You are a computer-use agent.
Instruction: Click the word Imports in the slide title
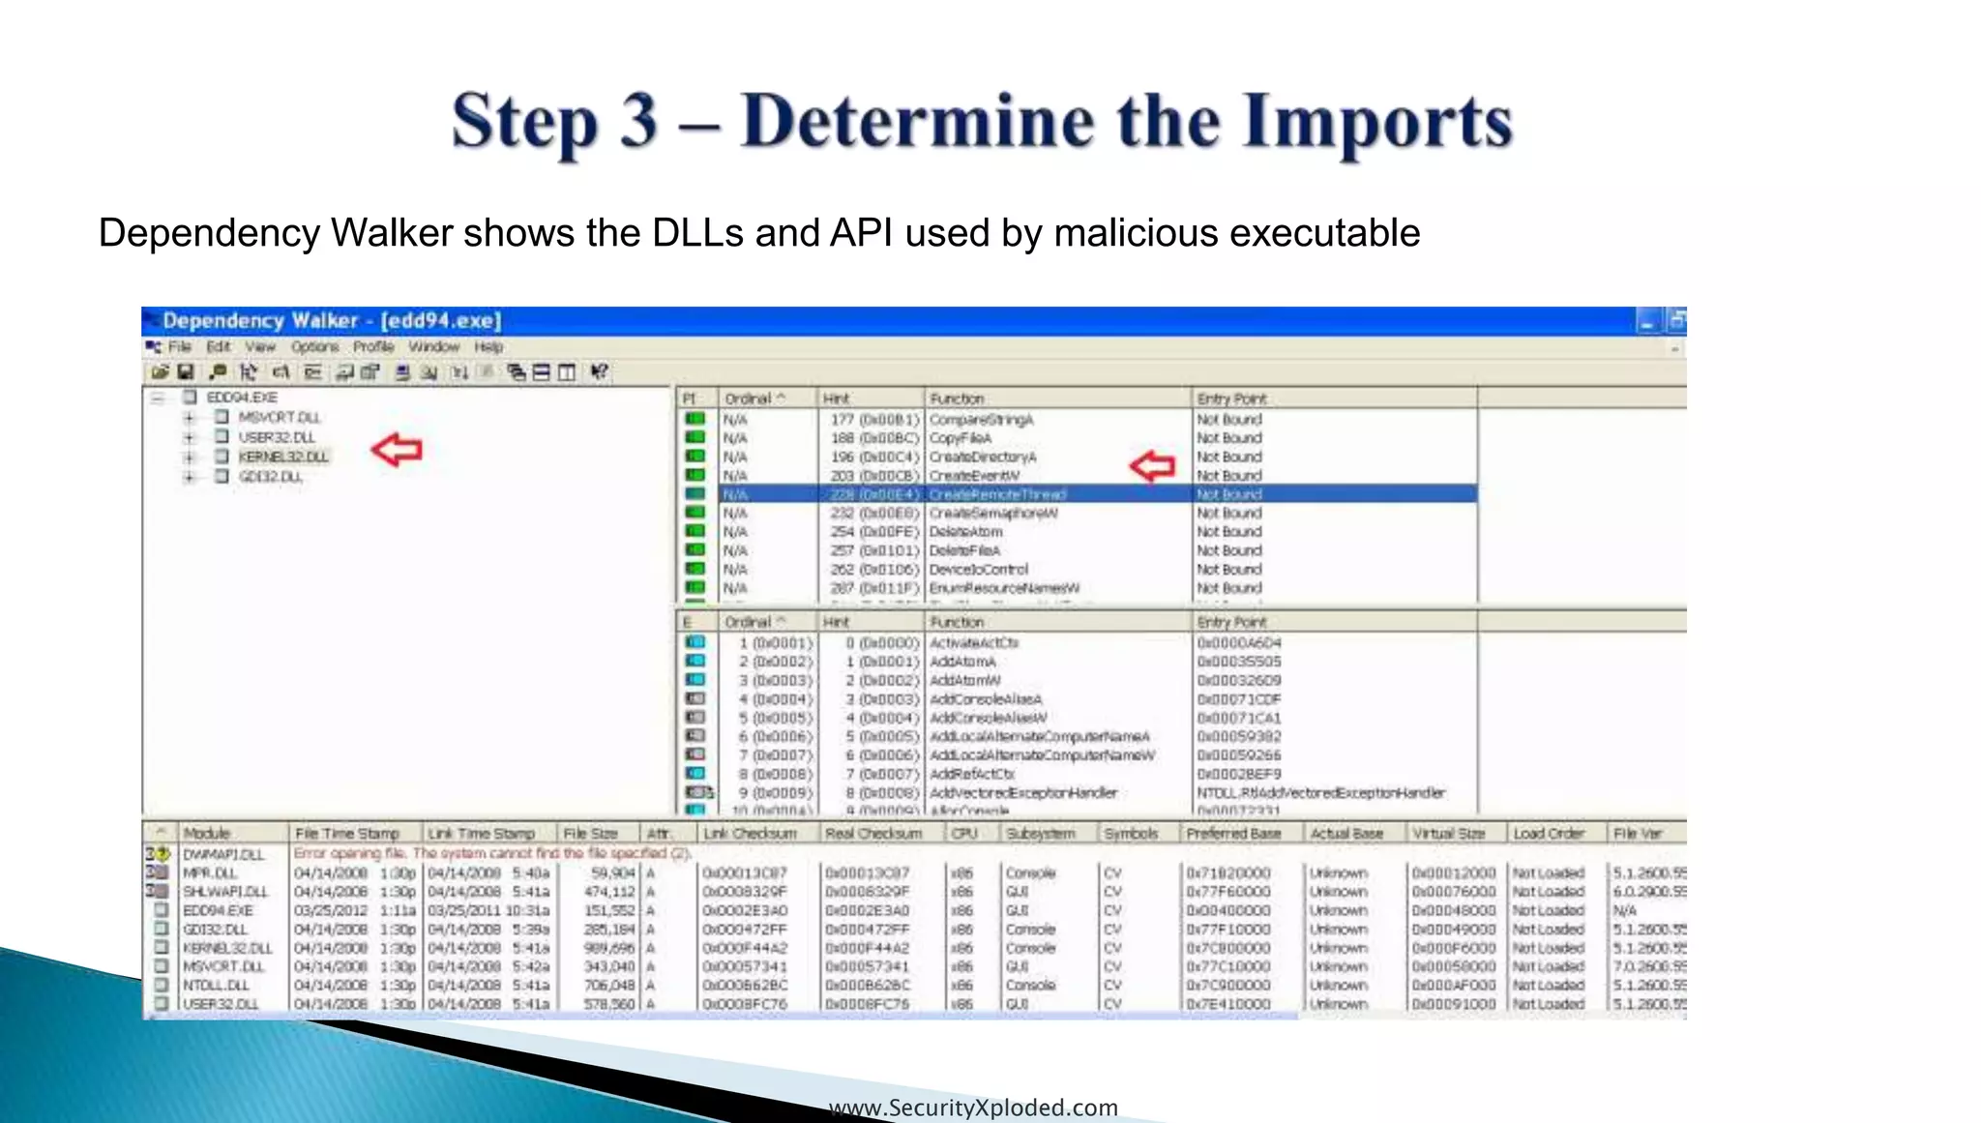[1377, 124]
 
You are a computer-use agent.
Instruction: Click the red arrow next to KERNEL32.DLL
[398, 450]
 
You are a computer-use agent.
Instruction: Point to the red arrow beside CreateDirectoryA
[1152, 466]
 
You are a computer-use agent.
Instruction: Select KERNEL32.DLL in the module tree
[283, 457]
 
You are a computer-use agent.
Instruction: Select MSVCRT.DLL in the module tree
[279, 418]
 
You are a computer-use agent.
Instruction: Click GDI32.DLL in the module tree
[270, 477]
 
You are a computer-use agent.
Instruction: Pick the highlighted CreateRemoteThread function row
[997, 494]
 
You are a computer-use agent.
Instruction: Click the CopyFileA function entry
[961, 438]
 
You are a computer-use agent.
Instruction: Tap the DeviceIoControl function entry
[979, 570]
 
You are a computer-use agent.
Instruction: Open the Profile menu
[373, 346]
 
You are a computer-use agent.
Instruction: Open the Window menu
[433, 346]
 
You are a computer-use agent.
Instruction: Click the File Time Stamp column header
[347, 833]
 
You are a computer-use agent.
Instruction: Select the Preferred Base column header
[1233, 833]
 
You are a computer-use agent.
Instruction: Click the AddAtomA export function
[962, 662]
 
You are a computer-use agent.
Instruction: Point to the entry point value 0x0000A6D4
[1239, 643]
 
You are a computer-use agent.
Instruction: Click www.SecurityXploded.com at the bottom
[973, 1108]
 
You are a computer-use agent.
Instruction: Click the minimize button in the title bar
[1647, 320]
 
